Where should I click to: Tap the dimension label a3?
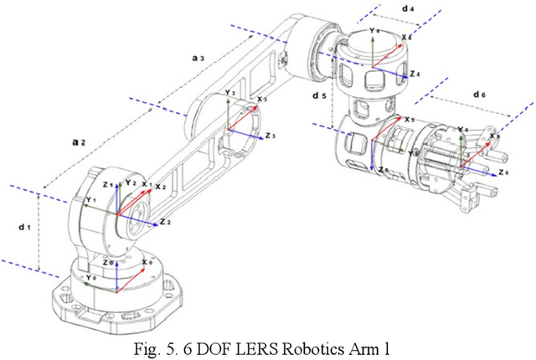coord(198,58)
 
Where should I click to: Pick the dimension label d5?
coord(318,96)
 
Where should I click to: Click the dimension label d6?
coord(479,95)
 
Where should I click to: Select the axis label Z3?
coord(271,135)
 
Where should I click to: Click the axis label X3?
coord(262,100)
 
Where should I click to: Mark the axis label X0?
coord(147,261)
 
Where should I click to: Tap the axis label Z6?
coord(502,172)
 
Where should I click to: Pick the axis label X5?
coord(409,121)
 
